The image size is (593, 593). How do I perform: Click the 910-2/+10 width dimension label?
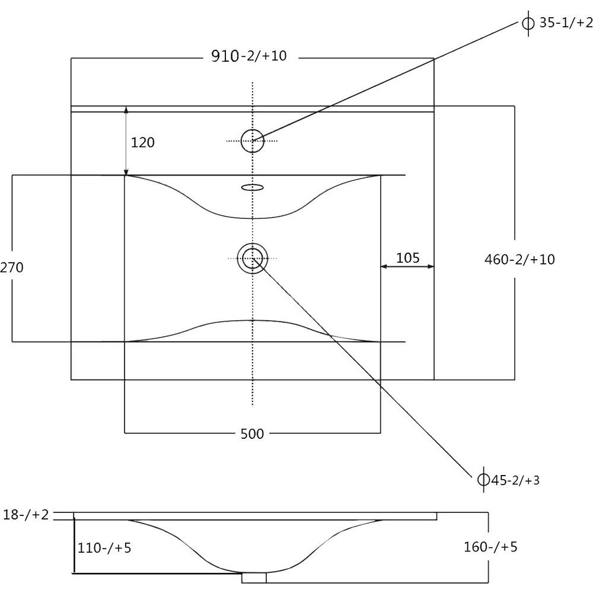coord(249,56)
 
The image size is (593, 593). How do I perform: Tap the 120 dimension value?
coord(142,142)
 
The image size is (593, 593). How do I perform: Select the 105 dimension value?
coord(408,258)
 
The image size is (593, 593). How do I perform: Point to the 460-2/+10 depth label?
coord(519,260)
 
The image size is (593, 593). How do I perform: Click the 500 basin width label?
coord(252,434)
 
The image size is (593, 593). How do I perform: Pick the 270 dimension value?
coord(11,267)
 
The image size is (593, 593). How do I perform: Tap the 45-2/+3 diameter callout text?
coord(515,480)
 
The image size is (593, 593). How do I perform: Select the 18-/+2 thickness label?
coord(25,515)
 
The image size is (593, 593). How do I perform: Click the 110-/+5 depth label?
coord(104,547)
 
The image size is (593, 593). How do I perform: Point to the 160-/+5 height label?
coord(490,547)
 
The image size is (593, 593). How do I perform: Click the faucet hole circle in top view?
coord(252,129)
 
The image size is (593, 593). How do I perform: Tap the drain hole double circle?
coord(252,243)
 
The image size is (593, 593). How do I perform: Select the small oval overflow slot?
coord(252,187)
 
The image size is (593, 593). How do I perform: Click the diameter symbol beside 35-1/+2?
coord(528,24)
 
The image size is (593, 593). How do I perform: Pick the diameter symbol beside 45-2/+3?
coord(483,480)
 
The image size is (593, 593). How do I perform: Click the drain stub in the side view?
coord(254,578)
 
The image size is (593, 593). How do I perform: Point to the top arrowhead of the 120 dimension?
coord(126,110)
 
